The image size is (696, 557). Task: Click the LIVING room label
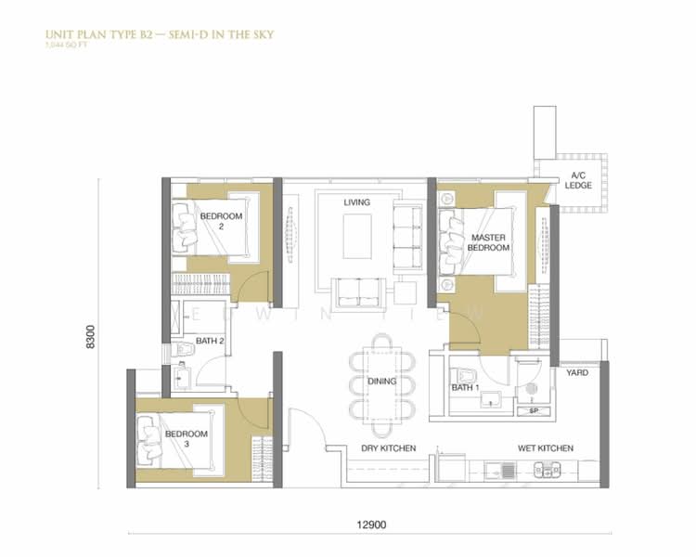[356, 202]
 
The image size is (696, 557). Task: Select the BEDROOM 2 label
[221, 221]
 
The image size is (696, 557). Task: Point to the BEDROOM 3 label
[187, 439]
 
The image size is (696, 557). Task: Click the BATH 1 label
[464, 387]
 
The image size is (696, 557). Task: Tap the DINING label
[381, 381]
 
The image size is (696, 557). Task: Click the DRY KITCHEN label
[388, 448]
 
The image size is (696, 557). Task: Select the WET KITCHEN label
[545, 448]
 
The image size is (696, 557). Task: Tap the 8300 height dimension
[90, 335]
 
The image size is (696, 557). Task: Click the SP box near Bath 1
[533, 410]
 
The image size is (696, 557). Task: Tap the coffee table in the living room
[357, 236]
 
